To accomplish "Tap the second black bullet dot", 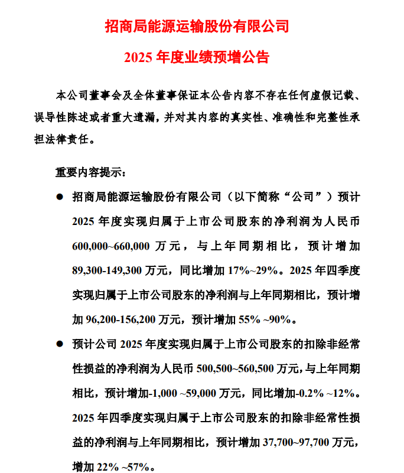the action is [x=59, y=343].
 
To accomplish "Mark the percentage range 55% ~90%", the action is [x=265, y=319].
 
